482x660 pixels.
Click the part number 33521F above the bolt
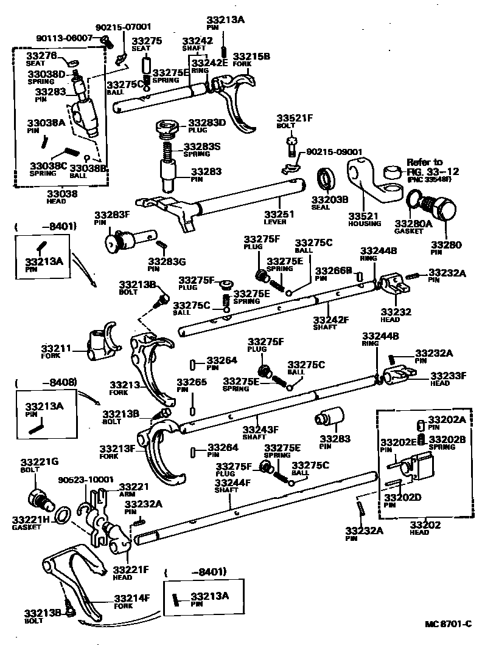(x=294, y=118)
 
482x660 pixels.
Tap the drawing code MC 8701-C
(x=448, y=624)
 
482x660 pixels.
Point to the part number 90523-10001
(x=86, y=480)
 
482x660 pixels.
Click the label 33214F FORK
(x=131, y=601)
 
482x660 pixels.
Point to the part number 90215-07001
(x=124, y=27)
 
